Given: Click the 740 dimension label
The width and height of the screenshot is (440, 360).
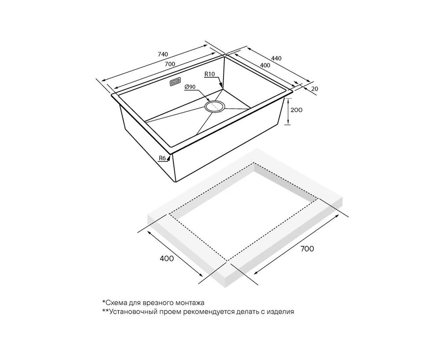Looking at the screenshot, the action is click(163, 54).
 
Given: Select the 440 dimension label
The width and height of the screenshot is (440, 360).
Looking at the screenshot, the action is click(276, 59).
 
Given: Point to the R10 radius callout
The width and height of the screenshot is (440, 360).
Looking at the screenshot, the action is click(209, 74).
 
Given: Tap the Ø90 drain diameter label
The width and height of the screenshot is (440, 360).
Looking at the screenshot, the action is click(190, 87).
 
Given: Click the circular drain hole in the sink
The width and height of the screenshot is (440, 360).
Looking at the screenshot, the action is click(215, 107).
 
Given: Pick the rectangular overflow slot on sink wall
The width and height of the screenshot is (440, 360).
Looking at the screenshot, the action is click(176, 82).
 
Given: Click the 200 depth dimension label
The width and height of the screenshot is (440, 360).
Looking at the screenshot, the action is click(296, 110).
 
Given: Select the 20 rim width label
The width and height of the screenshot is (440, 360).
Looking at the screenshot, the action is click(315, 89).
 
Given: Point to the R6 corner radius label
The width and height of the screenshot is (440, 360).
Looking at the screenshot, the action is click(162, 158).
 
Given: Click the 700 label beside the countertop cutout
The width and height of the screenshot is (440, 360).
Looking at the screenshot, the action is click(307, 249).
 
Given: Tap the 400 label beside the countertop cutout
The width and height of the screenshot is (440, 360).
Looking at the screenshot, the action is click(167, 258).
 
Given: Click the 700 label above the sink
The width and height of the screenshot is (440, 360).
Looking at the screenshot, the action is click(170, 64).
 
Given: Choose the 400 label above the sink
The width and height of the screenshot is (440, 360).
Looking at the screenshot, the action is click(265, 65).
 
